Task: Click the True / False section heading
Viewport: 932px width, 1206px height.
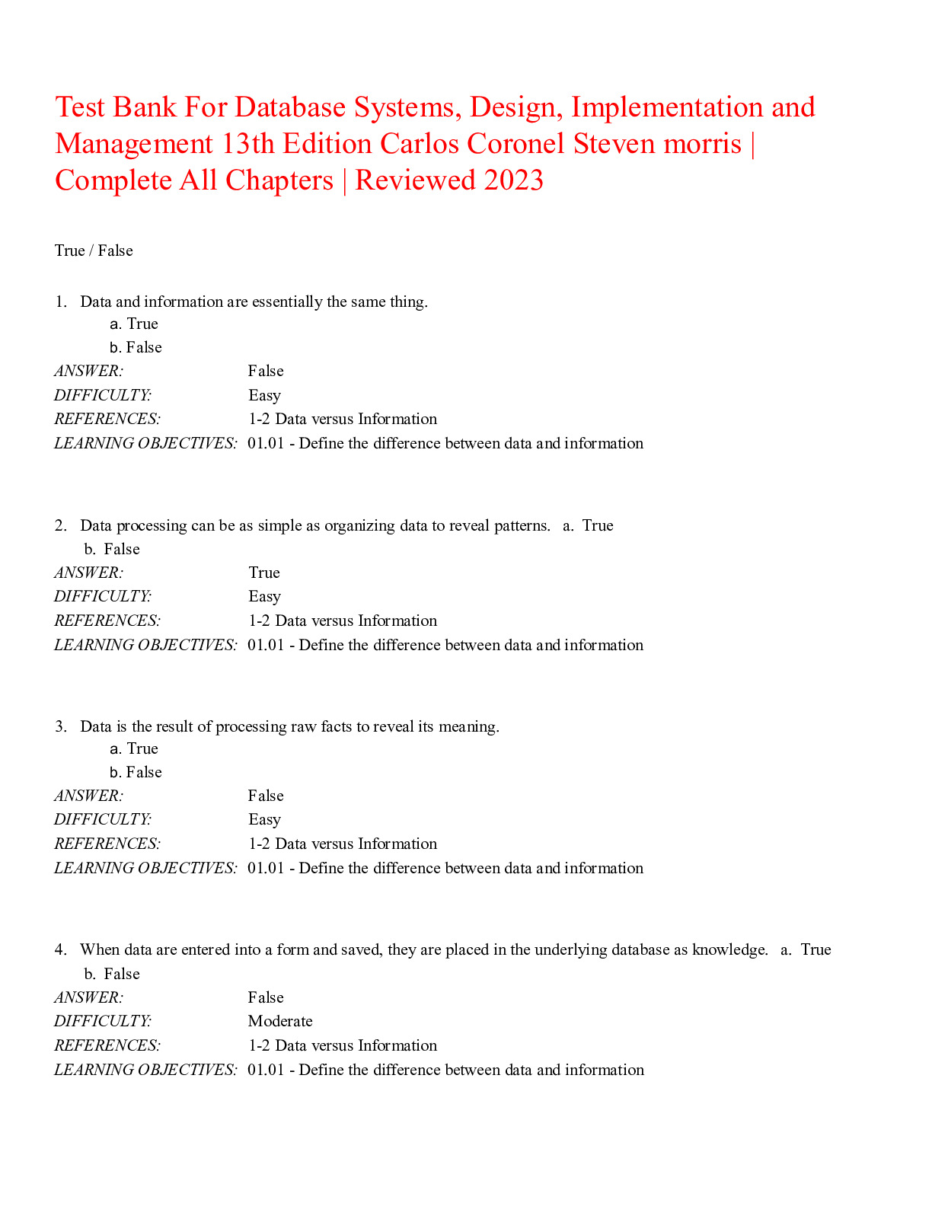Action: pyautogui.click(x=94, y=250)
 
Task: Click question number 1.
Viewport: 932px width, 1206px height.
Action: pyautogui.click(x=61, y=301)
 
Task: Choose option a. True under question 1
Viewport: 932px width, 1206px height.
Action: pyautogui.click(x=134, y=324)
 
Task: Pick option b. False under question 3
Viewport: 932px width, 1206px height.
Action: pyautogui.click(x=136, y=772)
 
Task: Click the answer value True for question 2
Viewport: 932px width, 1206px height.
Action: pyautogui.click(x=263, y=573)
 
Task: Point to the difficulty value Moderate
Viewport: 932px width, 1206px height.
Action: pyautogui.click(x=280, y=1021)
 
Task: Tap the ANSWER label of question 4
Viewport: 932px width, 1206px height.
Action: pyautogui.click(x=88, y=997)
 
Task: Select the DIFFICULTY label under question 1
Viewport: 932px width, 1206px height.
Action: pyautogui.click(x=103, y=395)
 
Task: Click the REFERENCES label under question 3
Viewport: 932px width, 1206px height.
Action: pyautogui.click(x=107, y=844)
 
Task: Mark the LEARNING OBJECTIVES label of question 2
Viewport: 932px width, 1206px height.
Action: pyautogui.click(x=145, y=645)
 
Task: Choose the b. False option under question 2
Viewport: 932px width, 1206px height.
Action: pyautogui.click(x=112, y=549)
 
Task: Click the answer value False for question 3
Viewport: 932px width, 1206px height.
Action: pyautogui.click(x=266, y=796)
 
